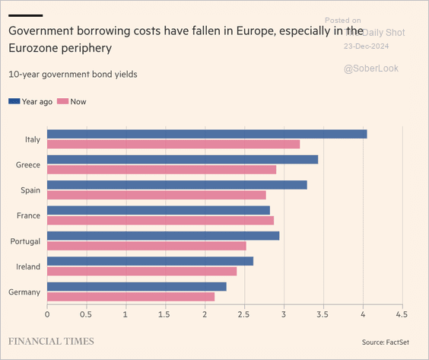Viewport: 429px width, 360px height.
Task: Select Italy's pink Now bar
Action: [x=173, y=144]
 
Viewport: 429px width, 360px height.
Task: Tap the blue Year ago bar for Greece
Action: [x=183, y=159]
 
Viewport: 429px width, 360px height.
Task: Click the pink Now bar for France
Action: [x=160, y=220]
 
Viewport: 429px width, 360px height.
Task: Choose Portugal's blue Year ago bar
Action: [x=164, y=235]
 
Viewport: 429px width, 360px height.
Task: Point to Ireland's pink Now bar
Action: [x=142, y=271]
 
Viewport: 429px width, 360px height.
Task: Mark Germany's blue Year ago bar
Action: [x=137, y=286]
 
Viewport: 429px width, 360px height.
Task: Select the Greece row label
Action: [x=29, y=164]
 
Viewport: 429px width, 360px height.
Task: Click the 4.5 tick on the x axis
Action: [x=402, y=314]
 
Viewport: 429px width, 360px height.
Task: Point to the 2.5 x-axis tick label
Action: [x=244, y=314]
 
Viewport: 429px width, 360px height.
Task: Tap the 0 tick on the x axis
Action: [x=47, y=314]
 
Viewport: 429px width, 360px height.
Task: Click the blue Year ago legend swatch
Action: [x=14, y=101]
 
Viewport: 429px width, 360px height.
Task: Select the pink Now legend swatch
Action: [x=62, y=101]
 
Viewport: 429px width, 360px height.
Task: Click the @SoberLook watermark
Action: [x=370, y=68]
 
